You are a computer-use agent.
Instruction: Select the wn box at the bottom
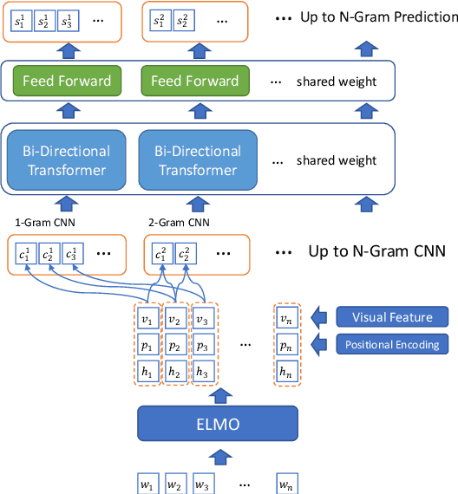pos(286,482)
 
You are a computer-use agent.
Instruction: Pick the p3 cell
pos(202,345)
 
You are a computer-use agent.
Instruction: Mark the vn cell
pos(286,318)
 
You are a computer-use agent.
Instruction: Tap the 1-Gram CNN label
pos(37,223)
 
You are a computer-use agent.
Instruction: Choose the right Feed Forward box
pos(194,81)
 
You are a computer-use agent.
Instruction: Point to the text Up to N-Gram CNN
pos(376,252)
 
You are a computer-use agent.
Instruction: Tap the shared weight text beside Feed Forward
pos(337,81)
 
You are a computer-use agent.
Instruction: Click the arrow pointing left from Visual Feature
pos(320,316)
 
